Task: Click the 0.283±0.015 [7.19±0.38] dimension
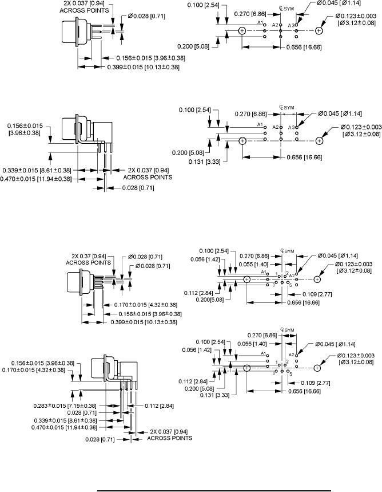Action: click(65, 406)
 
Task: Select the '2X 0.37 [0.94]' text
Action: click(89, 256)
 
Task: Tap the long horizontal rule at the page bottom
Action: click(214, 490)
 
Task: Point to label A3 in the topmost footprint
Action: click(291, 25)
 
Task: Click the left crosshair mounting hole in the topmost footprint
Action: click(242, 30)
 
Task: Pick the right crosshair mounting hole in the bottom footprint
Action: click(317, 368)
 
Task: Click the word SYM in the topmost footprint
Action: click(289, 9)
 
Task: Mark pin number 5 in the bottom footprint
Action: click(291, 374)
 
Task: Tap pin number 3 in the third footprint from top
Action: click(273, 285)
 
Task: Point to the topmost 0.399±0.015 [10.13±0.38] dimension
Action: click(143, 67)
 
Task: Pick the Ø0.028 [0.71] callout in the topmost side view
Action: click(146, 16)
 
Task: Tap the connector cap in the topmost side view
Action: click(70, 32)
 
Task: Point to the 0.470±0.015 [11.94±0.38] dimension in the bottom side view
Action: click(64, 427)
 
